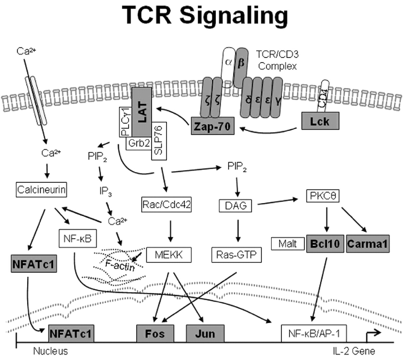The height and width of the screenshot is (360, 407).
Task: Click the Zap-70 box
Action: pos(212,126)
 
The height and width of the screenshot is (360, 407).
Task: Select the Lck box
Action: pos(320,122)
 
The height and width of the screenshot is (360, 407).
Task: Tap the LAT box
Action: pos(141,112)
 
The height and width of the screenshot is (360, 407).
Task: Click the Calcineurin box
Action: pos(42,190)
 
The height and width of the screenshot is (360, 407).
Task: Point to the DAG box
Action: pos(236,206)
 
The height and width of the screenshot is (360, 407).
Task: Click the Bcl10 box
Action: pos(325,244)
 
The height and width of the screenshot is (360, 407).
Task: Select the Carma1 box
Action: pos(367,244)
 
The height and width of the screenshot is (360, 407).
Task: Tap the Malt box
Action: pos(287,244)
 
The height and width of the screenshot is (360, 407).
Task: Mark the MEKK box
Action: pos(169,255)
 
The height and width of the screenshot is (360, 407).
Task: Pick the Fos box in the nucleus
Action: pos(155,333)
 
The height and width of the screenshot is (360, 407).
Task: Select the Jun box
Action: pos(205,333)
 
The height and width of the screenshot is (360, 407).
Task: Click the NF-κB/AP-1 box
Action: pos(314,333)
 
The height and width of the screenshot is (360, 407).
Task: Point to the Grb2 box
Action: pos(139,144)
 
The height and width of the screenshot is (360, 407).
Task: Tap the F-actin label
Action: pos(120,265)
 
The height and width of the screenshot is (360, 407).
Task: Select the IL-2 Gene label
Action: pos(354,351)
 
